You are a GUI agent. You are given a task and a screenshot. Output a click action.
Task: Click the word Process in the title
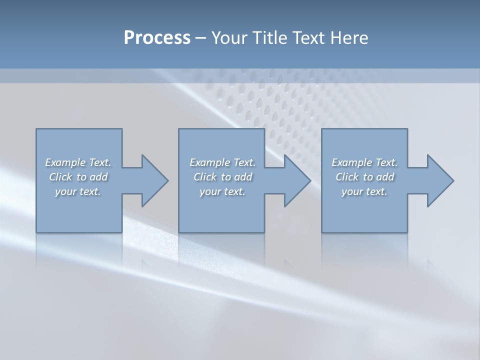[x=157, y=38]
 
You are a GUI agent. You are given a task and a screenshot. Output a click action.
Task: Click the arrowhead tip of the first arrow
[x=167, y=180]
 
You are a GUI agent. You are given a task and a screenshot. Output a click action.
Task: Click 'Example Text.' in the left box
[x=78, y=162]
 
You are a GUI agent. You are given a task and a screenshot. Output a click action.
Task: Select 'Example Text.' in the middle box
[x=222, y=162]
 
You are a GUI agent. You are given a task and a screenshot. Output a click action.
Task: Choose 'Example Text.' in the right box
[x=364, y=162]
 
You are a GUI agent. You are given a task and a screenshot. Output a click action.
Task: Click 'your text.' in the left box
[x=78, y=191]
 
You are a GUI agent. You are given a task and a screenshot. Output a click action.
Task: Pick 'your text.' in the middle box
[x=222, y=191]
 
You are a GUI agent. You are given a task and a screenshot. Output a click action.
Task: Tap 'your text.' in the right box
[x=364, y=191]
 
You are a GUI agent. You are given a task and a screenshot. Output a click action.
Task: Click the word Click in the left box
[x=60, y=177]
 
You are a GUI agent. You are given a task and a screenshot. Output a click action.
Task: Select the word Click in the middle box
[x=204, y=177]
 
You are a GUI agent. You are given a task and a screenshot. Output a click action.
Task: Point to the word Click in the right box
[x=347, y=177]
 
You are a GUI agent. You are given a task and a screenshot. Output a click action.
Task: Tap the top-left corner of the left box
[x=36, y=129]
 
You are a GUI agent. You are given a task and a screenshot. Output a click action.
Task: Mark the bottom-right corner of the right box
[x=407, y=232]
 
